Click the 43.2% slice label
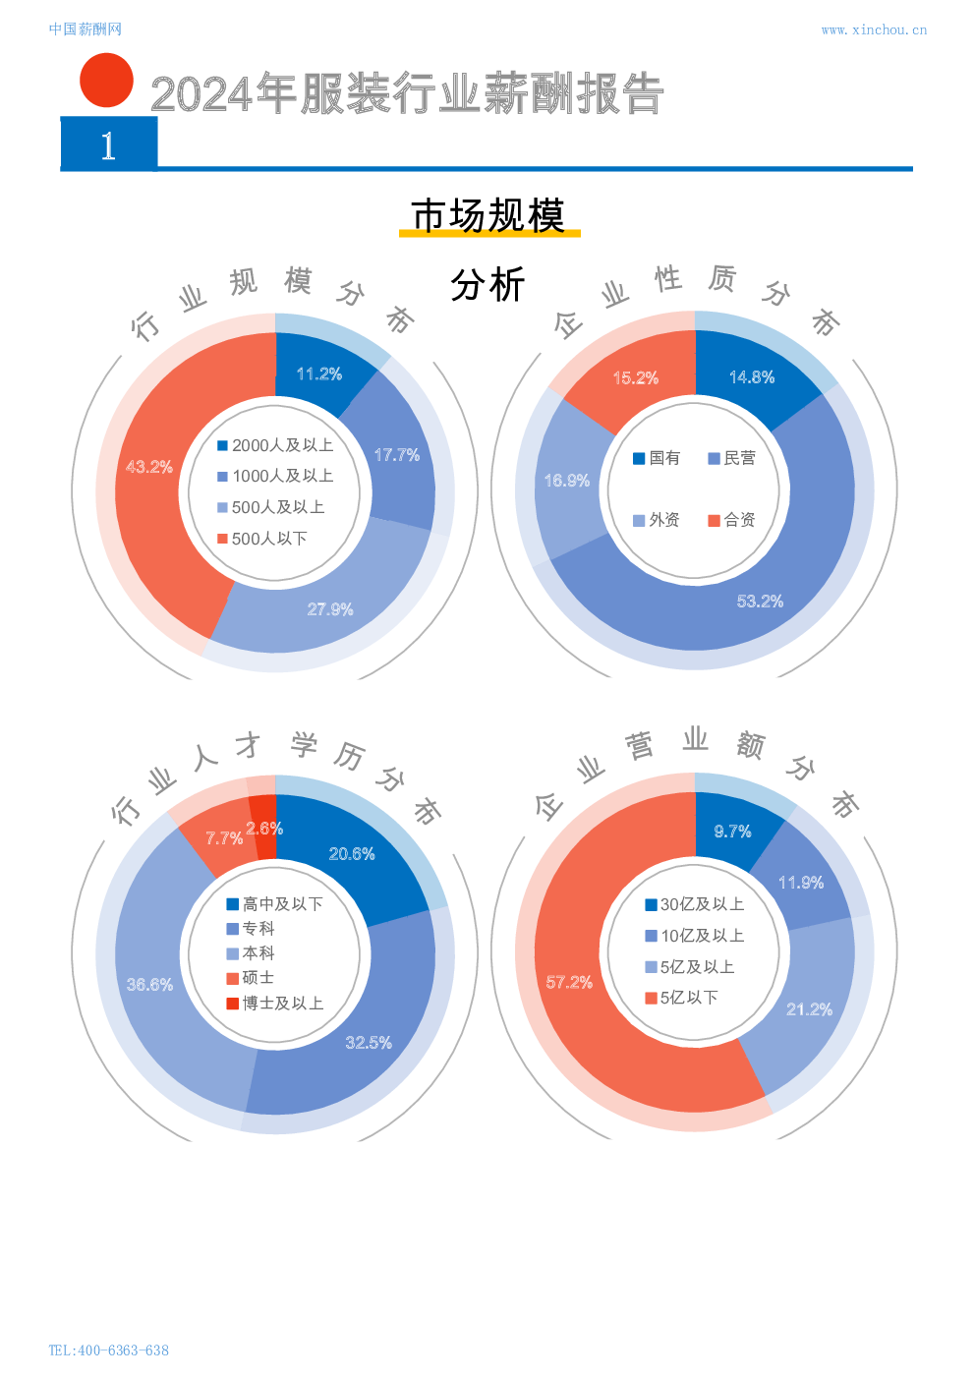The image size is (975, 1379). [149, 467]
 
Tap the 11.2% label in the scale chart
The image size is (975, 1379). [319, 374]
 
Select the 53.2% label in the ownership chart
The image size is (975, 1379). [760, 602]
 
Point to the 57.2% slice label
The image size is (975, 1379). [569, 983]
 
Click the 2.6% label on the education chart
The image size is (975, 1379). [264, 829]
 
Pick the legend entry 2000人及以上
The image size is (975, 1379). [276, 445]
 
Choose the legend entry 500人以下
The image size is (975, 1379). [263, 539]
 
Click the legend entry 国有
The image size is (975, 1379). [657, 458]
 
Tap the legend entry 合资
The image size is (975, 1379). [732, 520]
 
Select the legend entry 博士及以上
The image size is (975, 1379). [275, 1004]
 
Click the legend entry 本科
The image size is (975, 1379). [251, 953]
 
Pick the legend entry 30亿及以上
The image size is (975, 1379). [695, 904]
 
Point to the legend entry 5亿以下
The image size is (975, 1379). [682, 998]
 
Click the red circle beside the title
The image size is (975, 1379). [106, 81]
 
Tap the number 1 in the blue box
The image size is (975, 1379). [109, 145]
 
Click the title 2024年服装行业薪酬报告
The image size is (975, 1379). [407, 94]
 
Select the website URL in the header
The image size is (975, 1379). [873, 30]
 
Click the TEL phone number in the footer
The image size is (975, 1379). [109, 1350]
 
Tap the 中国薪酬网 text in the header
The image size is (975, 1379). [86, 29]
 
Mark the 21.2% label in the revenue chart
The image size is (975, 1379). [809, 1009]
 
